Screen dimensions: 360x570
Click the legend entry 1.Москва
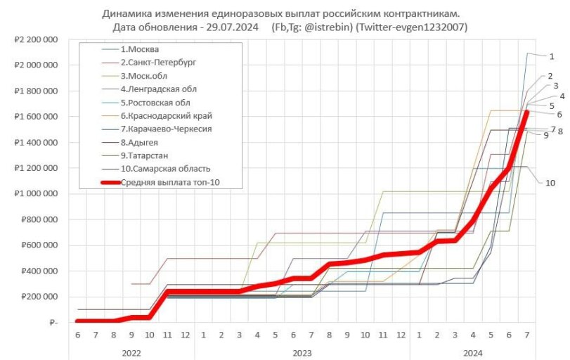[140, 49]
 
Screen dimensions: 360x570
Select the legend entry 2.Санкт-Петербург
[158, 63]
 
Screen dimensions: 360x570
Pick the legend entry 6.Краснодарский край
[167, 115]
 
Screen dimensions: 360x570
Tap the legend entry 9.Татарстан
[144, 155]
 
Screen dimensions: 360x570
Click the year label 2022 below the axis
[131, 352]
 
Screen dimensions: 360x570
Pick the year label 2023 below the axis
[302, 352]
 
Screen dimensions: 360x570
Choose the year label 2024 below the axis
[473, 352]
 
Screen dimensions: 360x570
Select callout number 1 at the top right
[552, 56]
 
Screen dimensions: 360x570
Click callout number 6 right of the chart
[559, 114]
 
